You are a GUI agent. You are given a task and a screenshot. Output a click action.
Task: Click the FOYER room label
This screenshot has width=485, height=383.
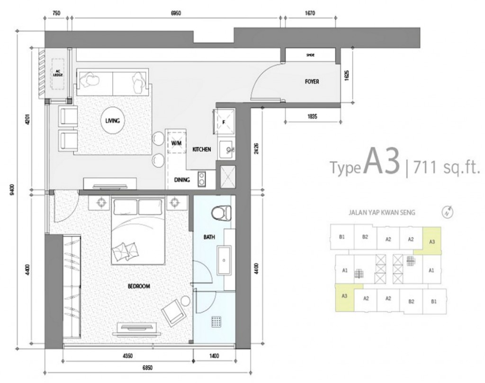[x=312, y=81]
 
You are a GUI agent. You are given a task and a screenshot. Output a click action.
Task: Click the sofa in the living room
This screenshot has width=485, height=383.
[x=113, y=81]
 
